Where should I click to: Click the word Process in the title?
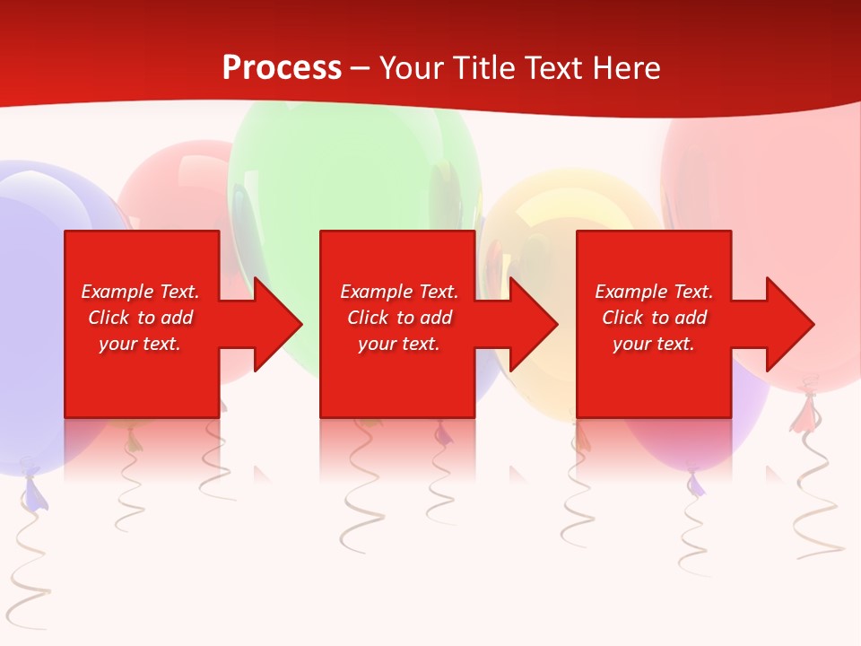pyautogui.click(x=282, y=67)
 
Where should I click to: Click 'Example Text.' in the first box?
pyautogui.click(x=140, y=292)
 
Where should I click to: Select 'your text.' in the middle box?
pyautogui.click(x=399, y=344)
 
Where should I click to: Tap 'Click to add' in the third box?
pyautogui.click(x=654, y=318)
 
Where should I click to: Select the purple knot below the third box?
pyautogui.click(x=695, y=484)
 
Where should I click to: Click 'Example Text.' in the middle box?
pyautogui.click(x=399, y=292)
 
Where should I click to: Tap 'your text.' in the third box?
pyautogui.click(x=654, y=344)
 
